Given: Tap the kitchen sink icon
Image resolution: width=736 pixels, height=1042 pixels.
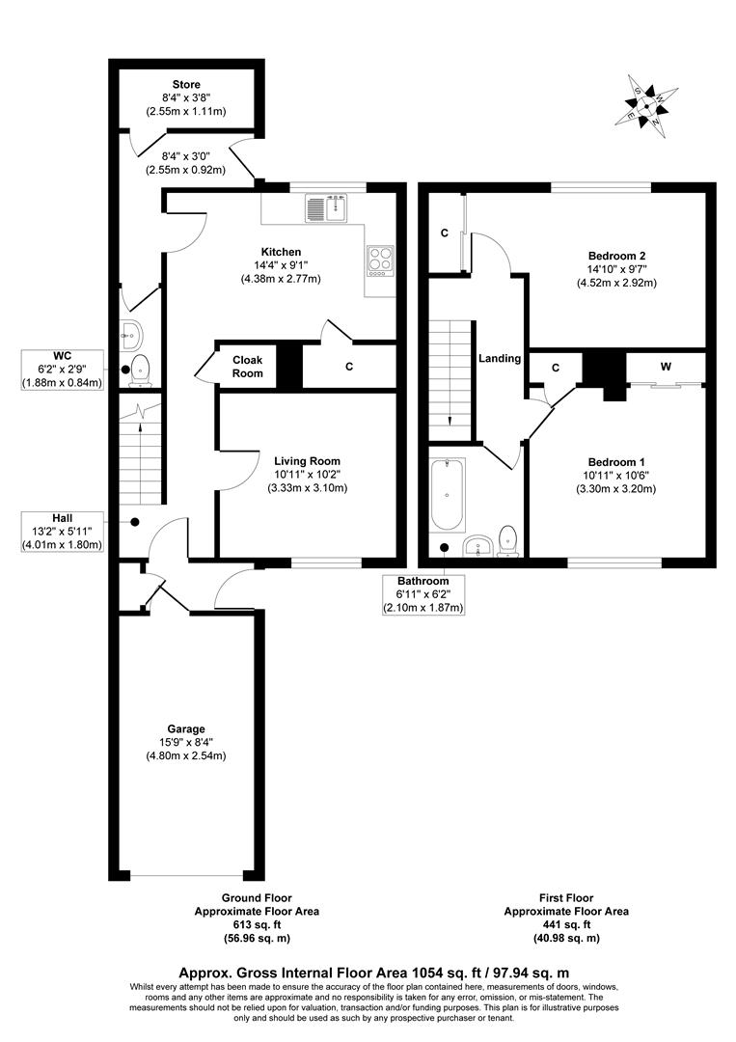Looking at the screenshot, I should point(326,206).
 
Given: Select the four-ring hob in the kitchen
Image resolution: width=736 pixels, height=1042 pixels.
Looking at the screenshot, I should point(380,260).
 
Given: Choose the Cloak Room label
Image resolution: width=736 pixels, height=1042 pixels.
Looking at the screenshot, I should point(248,367).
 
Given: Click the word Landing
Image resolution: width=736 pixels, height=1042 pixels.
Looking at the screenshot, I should point(500,359).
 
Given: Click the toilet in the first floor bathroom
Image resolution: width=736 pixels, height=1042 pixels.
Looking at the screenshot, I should point(508,542).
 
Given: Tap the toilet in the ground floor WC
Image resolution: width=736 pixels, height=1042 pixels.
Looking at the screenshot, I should point(141,367).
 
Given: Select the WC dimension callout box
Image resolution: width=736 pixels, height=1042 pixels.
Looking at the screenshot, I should point(63,370).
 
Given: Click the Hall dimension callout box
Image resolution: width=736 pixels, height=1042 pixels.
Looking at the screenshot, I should point(63,531).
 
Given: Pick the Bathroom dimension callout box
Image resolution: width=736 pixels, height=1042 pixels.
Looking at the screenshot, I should point(423,594).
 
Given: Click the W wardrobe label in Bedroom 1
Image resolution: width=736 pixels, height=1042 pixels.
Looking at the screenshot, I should point(667,367).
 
